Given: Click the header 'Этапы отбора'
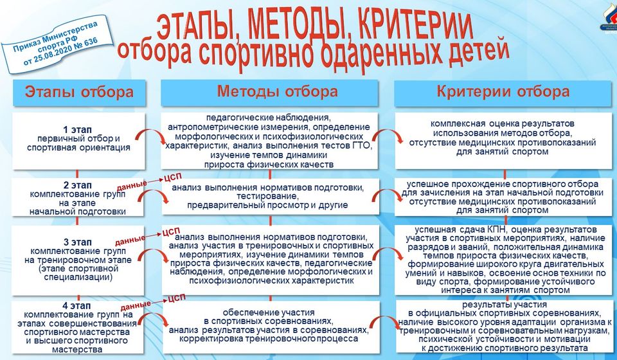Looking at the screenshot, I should click(x=79, y=92).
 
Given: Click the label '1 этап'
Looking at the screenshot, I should click(x=78, y=129).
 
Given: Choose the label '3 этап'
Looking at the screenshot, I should click(x=78, y=241).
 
